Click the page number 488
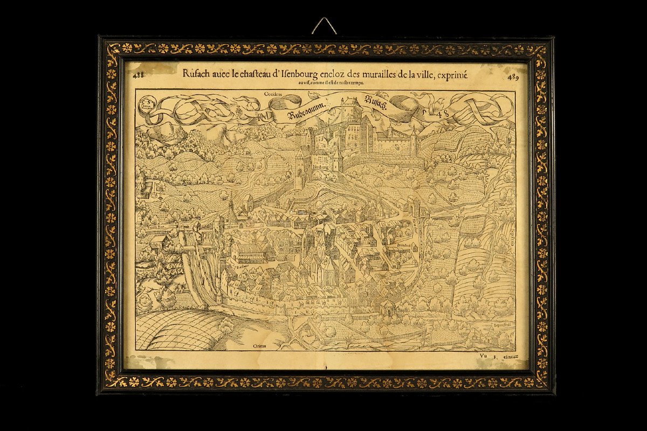click(x=139, y=75)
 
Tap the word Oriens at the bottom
click(x=260, y=345)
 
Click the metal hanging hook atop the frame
click(x=324, y=25)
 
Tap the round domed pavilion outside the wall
click(x=387, y=308)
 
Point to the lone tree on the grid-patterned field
click(x=226, y=324)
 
